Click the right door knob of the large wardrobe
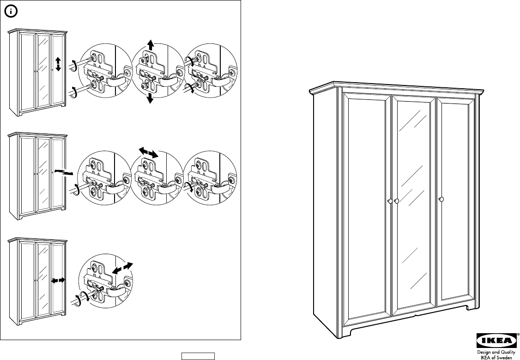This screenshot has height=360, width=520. click(x=441, y=199)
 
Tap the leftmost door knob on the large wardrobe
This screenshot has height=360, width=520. click(x=389, y=201)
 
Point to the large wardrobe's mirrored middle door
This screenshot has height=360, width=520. click(x=414, y=203)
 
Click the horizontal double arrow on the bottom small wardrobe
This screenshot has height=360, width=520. click(x=59, y=280)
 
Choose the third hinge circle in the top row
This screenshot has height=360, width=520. click(x=210, y=72)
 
